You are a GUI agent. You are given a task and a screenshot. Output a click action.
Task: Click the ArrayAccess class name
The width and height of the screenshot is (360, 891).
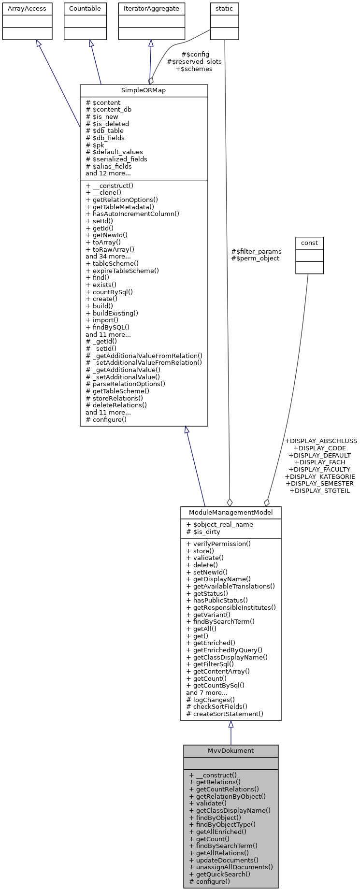pos(27,9)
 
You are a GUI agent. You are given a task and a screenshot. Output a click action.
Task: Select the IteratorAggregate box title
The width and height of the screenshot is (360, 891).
pos(151,9)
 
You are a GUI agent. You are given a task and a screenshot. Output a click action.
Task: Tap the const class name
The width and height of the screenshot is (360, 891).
pos(309,243)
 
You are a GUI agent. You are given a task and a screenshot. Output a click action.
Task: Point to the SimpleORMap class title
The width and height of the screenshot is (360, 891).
pos(144,91)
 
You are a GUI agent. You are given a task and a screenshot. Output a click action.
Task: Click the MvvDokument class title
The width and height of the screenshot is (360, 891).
pos(230,751)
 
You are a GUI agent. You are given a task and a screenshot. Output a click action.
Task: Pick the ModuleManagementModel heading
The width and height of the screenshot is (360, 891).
pos(230,512)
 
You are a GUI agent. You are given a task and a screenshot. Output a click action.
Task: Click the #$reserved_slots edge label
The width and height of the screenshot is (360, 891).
pos(194,62)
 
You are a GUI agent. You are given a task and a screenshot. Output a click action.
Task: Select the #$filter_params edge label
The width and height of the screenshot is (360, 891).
pos(256,251)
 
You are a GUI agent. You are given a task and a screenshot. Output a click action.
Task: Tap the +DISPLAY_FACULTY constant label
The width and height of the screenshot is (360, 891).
pos(319,469)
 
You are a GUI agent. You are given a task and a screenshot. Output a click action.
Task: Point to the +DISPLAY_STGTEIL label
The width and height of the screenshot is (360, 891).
pos(319,490)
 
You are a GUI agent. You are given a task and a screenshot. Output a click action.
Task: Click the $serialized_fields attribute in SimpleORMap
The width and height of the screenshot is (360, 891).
pos(116,159)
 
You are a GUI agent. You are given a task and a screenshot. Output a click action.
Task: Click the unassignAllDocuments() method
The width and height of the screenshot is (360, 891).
pos(231,867)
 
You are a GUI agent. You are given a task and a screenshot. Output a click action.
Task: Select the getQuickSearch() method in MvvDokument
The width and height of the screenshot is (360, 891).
pos(220,874)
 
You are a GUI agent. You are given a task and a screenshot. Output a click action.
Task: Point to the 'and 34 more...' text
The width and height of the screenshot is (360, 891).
pos(108,256)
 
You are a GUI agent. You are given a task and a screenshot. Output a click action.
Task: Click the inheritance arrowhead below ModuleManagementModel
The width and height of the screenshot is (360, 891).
pos(231,724)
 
